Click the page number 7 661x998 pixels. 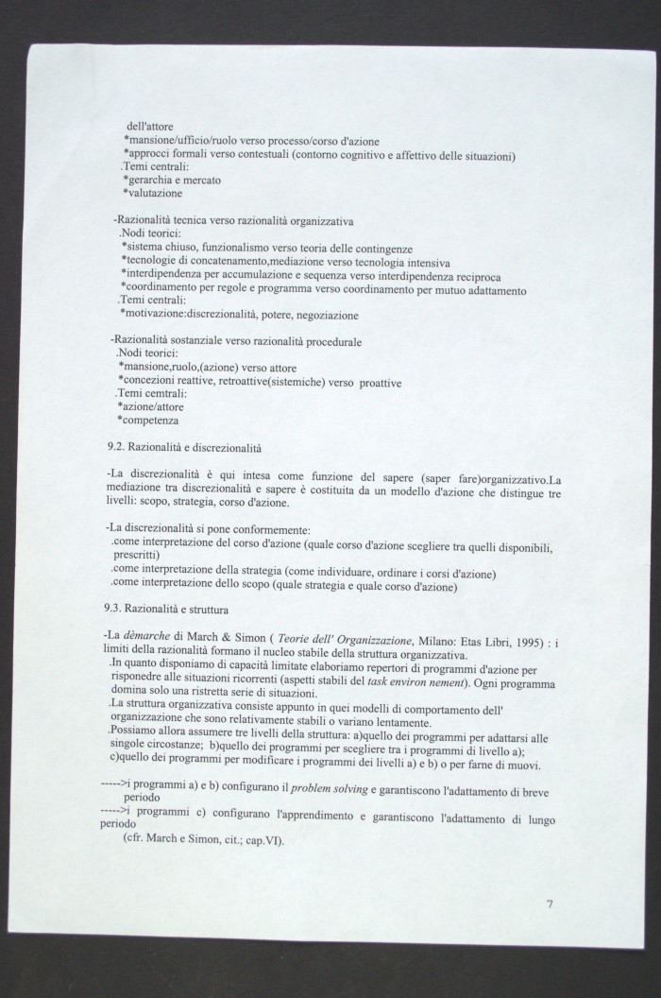[550, 903]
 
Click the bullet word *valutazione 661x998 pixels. [156, 193]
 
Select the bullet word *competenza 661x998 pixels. [149, 420]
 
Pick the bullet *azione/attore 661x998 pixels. [155, 406]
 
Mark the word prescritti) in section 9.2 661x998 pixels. [142, 558]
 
